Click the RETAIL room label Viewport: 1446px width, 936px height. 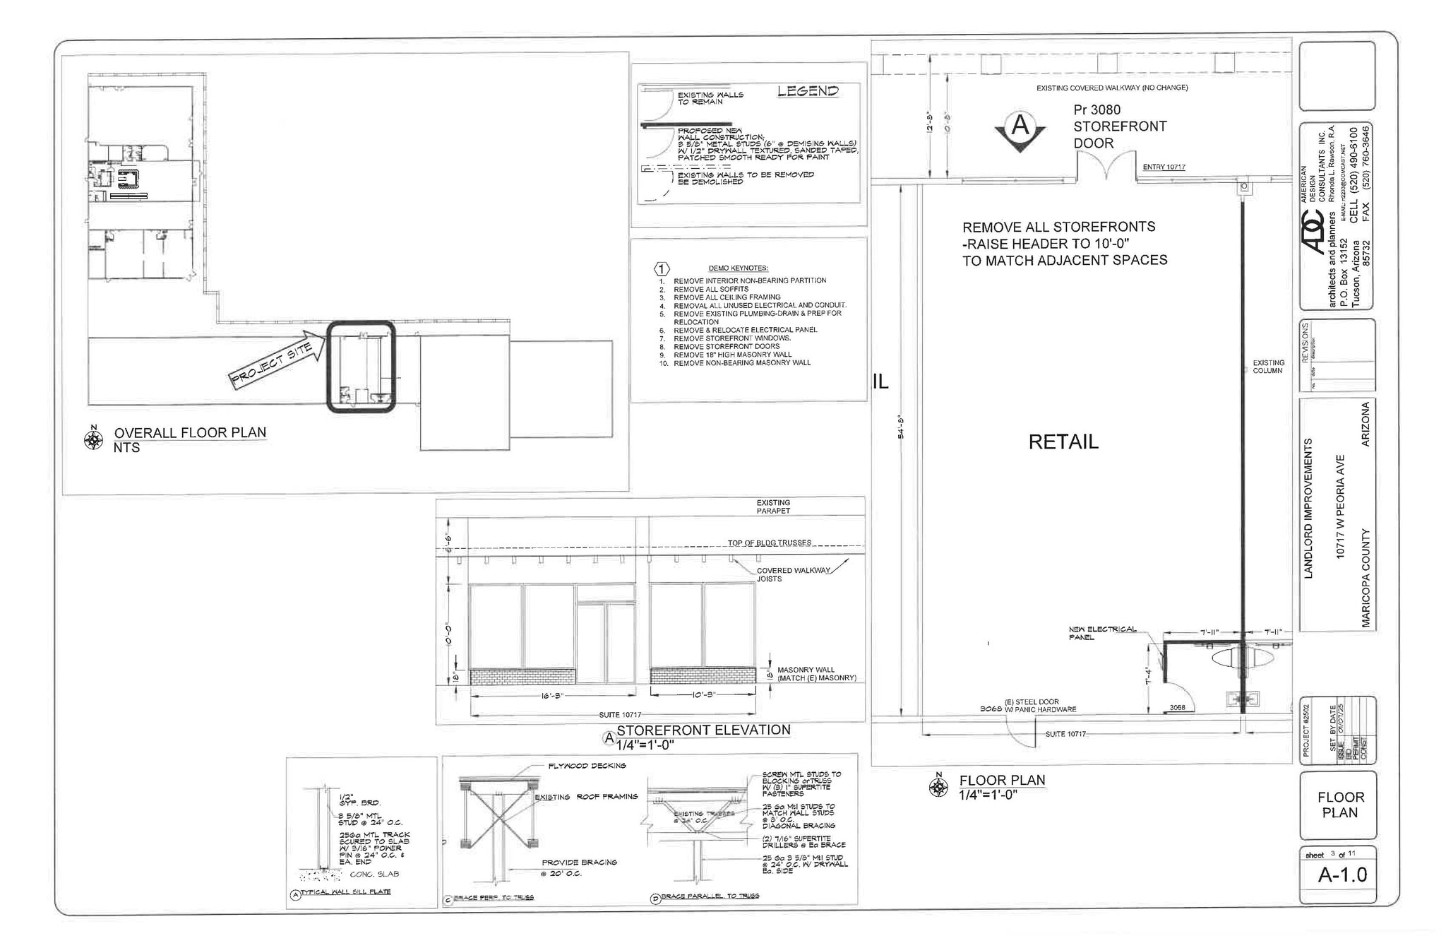point(1063,442)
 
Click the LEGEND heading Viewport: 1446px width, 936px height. point(808,91)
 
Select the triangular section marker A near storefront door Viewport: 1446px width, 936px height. point(1020,130)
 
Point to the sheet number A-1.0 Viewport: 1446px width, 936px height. point(1342,875)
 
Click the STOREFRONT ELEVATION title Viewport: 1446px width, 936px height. point(703,730)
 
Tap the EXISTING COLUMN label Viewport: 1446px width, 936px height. point(1268,367)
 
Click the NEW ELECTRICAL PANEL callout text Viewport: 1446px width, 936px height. point(1102,633)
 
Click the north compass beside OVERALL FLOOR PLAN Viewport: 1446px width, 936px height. point(93,439)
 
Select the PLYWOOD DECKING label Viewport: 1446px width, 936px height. point(587,766)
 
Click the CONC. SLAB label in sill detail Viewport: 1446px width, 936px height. point(374,874)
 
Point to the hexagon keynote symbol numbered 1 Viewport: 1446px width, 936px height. point(662,269)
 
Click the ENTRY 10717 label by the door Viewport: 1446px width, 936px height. point(1164,167)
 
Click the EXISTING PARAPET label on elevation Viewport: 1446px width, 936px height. point(773,506)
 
